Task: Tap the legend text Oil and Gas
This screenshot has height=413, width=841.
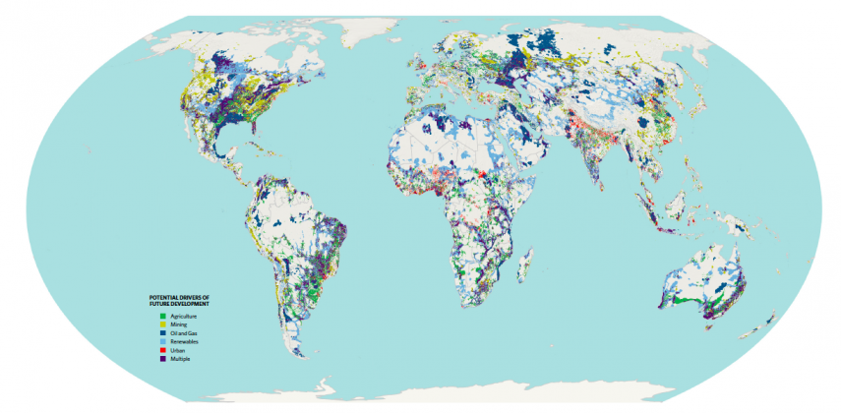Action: (x=173, y=333)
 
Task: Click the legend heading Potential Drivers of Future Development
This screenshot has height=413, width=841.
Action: (x=179, y=300)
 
